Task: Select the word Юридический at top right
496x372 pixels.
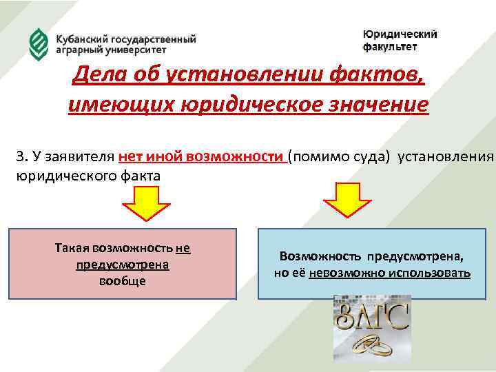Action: tap(400, 35)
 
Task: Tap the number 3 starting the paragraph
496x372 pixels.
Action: tap(21, 156)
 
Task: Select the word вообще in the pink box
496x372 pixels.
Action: tap(123, 281)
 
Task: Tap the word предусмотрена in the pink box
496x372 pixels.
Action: tap(123, 265)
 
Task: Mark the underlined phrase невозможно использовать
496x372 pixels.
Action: tap(390, 273)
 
